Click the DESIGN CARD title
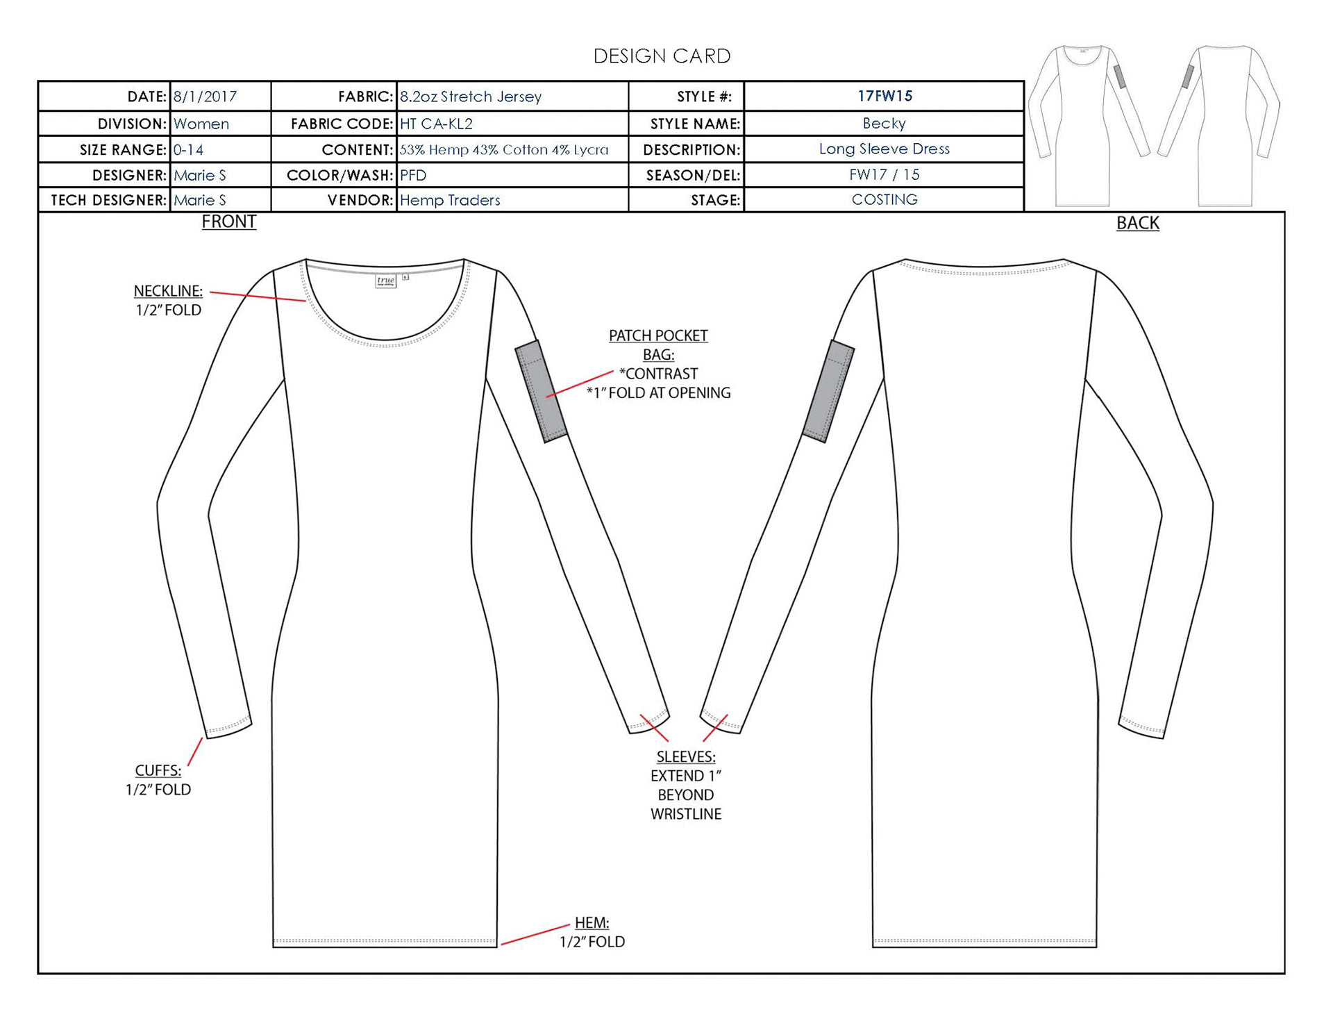click(x=662, y=56)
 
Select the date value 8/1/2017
click(x=205, y=97)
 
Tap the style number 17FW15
click(x=884, y=96)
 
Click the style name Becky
click(x=884, y=123)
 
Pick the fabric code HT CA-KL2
click(x=436, y=124)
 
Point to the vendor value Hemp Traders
click(x=450, y=200)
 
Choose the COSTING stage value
click(x=884, y=199)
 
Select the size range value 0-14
click(x=188, y=149)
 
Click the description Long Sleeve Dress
click(x=884, y=149)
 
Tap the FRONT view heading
click(x=228, y=222)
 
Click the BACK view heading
click(x=1137, y=223)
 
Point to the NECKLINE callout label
click(x=168, y=291)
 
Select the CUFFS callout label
click(x=158, y=770)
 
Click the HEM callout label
click(x=592, y=922)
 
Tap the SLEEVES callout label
click(x=685, y=756)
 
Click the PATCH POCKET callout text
click(x=658, y=336)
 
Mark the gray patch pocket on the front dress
click(x=542, y=391)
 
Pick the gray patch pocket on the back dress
click(x=828, y=391)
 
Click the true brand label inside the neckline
click(x=385, y=281)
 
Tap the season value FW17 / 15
click(x=884, y=174)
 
